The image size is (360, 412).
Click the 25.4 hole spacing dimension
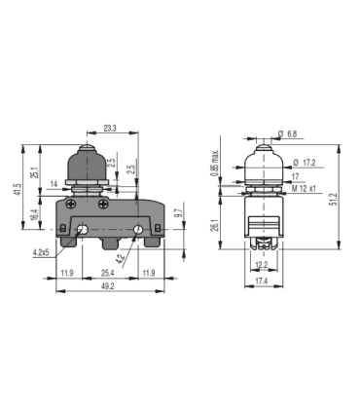click(106, 272)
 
